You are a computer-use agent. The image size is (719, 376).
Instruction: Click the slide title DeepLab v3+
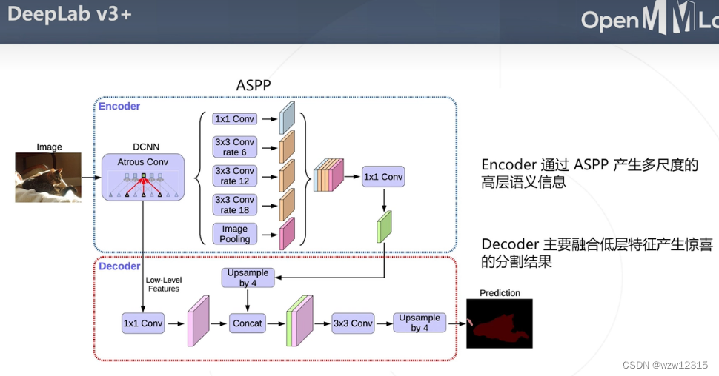[69, 14]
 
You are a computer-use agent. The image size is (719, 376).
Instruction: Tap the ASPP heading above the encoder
[254, 85]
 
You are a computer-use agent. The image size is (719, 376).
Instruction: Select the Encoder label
[119, 106]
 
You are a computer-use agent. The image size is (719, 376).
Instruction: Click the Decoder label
[119, 266]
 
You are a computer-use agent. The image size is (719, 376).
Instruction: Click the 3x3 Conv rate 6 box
[233, 147]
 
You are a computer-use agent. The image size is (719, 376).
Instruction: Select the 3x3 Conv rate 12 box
[233, 176]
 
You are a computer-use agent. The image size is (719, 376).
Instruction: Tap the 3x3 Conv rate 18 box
[233, 205]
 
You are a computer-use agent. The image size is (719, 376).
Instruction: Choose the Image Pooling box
[234, 234]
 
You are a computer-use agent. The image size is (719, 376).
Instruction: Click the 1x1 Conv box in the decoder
[142, 323]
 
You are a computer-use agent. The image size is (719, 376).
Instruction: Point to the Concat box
[248, 323]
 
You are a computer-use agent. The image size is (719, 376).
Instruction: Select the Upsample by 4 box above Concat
[248, 278]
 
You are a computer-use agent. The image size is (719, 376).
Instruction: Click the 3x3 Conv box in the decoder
[352, 323]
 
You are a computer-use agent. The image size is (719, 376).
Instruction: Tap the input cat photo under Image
[48, 178]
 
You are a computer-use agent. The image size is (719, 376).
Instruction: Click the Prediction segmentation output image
[500, 323]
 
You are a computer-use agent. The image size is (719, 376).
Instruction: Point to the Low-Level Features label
[163, 284]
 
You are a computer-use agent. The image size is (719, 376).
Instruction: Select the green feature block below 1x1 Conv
[384, 227]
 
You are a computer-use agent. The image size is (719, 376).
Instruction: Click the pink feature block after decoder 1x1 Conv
[199, 321]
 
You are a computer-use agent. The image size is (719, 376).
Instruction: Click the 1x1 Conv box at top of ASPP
[233, 118]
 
